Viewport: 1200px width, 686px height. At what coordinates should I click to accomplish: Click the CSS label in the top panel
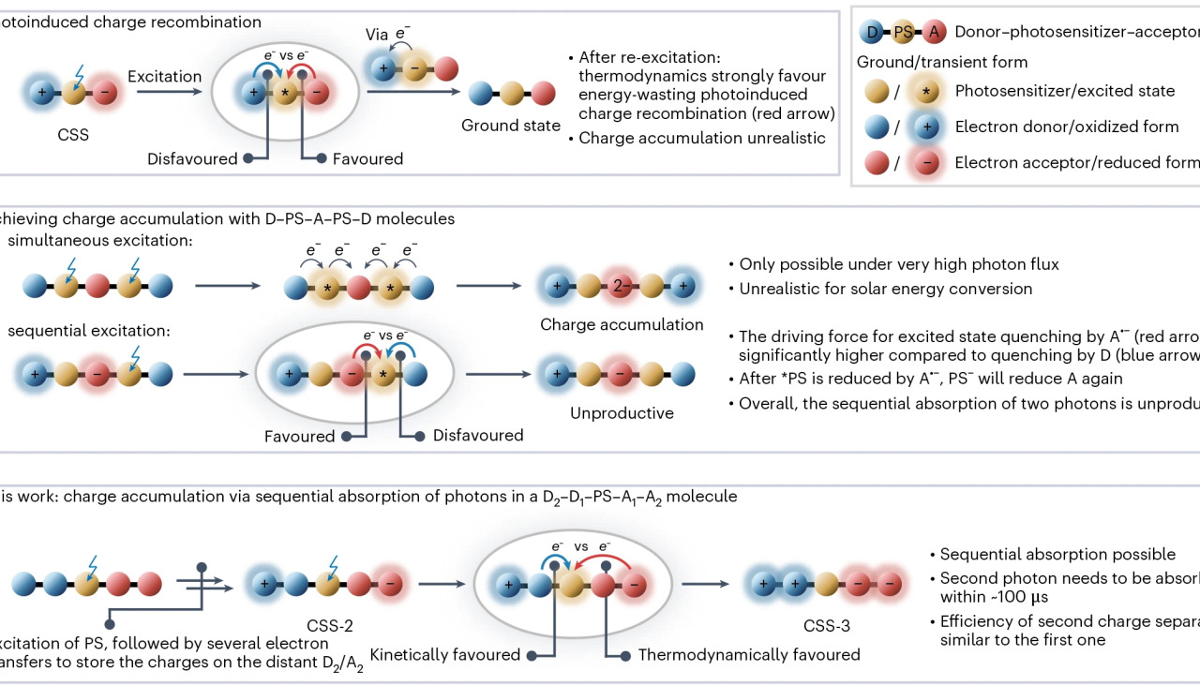click(x=73, y=135)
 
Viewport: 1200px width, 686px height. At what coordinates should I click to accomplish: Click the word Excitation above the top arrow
click(x=164, y=75)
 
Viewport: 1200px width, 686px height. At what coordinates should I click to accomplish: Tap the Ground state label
click(x=511, y=126)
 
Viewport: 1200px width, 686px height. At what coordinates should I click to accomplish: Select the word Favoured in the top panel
click(x=367, y=159)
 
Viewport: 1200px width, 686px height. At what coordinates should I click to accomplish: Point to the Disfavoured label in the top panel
click(x=192, y=159)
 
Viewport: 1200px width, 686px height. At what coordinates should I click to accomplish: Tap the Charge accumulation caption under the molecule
click(x=622, y=325)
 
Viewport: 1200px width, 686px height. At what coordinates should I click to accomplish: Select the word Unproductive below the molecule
click(x=622, y=413)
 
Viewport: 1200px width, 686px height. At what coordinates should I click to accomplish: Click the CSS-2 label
click(x=329, y=626)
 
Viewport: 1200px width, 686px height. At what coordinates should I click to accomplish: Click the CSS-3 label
click(x=827, y=626)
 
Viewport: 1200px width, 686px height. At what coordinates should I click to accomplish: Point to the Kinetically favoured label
click(x=445, y=655)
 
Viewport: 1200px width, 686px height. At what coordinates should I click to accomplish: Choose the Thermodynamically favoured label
click(x=749, y=655)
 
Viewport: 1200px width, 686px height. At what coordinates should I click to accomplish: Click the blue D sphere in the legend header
click(x=873, y=33)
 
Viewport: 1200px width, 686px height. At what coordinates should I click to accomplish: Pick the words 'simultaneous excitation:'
click(x=100, y=242)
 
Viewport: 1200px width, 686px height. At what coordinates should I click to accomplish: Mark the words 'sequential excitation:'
click(x=90, y=331)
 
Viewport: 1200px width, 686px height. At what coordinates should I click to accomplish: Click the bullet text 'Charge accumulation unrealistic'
click(x=702, y=138)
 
